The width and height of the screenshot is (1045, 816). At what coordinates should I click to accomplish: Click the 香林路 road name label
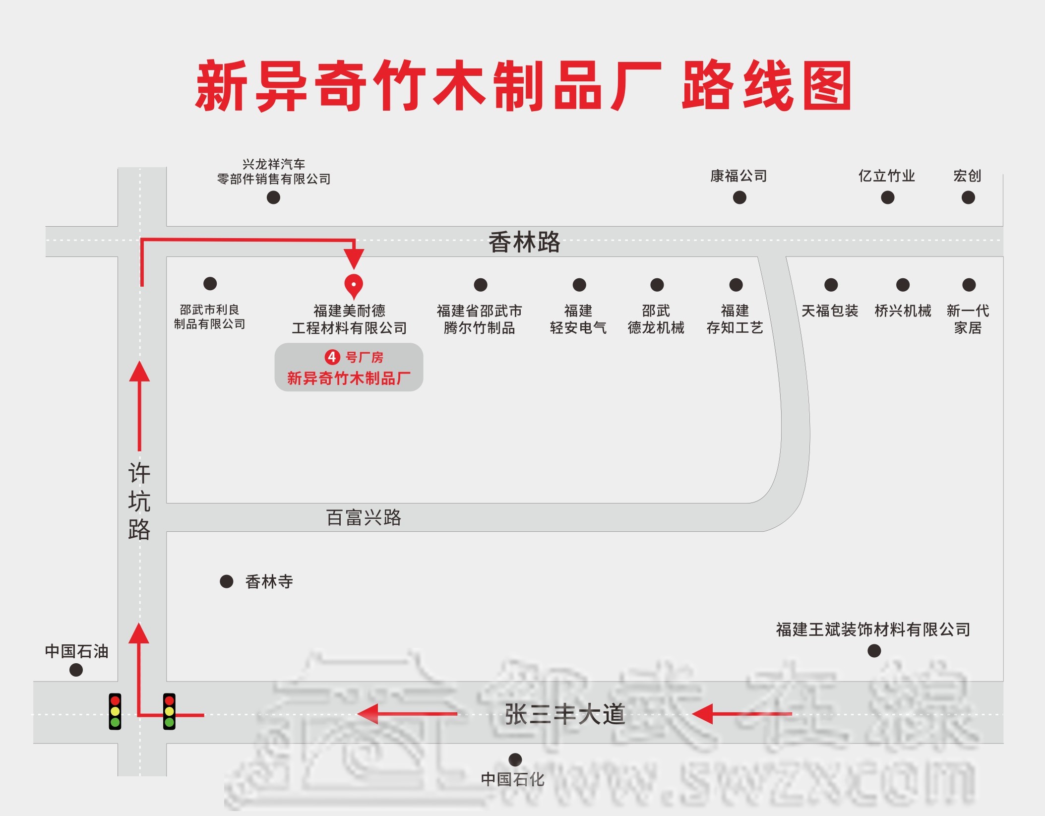(x=524, y=242)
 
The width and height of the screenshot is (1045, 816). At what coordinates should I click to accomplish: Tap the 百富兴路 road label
(x=364, y=517)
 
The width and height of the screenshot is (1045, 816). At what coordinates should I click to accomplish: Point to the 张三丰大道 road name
(x=564, y=714)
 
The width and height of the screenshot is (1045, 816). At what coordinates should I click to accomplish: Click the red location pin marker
(x=354, y=285)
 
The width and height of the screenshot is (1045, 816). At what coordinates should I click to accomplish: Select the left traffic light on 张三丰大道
(x=115, y=711)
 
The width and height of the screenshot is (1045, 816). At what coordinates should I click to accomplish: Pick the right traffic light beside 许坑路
(x=169, y=711)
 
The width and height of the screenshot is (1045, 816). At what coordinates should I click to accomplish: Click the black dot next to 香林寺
(x=227, y=581)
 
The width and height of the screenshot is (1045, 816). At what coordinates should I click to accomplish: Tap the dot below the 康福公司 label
(x=739, y=198)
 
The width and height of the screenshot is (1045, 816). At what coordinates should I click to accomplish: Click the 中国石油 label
(x=76, y=651)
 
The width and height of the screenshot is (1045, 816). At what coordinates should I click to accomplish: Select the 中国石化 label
(x=512, y=779)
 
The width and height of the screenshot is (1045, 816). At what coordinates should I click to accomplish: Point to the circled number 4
(x=332, y=357)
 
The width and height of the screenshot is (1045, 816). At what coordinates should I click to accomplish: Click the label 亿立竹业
(x=887, y=176)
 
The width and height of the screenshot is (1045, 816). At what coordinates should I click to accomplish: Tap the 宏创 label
(x=967, y=176)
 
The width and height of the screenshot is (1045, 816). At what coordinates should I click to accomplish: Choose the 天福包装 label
(x=830, y=311)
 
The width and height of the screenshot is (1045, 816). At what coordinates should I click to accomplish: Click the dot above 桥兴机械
(x=903, y=285)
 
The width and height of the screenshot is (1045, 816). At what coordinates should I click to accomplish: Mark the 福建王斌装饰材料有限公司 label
(x=873, y=629)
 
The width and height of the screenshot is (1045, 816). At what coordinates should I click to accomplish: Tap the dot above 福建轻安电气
(x=579, y=285)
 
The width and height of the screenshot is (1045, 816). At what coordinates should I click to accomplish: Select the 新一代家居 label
(x=968, y=319)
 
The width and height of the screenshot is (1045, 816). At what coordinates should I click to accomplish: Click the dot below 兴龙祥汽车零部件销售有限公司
(x=273, y=198)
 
